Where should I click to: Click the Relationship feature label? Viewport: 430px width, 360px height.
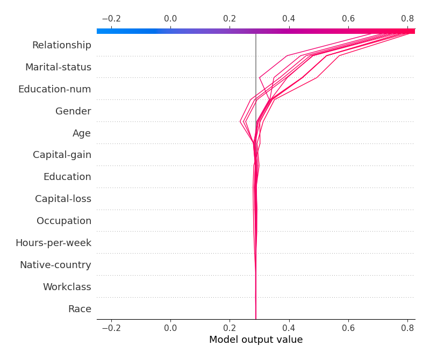(61, 45)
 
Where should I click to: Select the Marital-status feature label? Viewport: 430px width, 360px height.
(58, 67)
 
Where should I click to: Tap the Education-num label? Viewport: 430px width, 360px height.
(54, 89)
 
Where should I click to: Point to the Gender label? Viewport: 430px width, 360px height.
(73, 111)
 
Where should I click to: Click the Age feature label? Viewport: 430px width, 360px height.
(82, 133)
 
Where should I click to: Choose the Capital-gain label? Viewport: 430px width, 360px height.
(62, 155)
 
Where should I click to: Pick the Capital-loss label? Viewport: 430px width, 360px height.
(63, 199)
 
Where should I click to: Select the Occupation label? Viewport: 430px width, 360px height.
(64, 221)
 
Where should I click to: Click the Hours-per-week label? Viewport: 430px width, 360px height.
(53, 243)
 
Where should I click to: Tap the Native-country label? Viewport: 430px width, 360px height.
(55, 265)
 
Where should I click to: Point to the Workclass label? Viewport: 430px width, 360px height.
(67, 287)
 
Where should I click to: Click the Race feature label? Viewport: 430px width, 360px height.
(80, 309)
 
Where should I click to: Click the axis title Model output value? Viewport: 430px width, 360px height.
(256, 340)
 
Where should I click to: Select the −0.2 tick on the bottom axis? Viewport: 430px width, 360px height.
(111, 327)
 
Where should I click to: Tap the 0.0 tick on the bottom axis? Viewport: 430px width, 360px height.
(170, 327)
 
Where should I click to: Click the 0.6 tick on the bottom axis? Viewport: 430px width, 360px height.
(348, 327)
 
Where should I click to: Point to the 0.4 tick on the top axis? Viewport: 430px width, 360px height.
(289, 19)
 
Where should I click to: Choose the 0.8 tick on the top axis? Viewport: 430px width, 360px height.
(407, 19)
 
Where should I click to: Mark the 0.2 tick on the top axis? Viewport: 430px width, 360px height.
(230, 19)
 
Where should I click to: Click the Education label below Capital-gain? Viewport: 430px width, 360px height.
(67, 177)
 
